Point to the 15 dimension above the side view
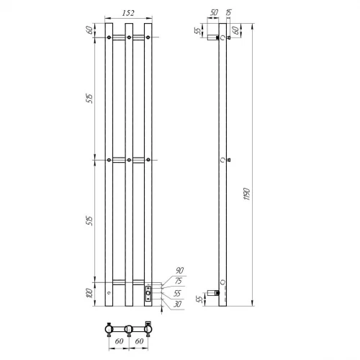(228, 13)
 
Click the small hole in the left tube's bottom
(109, 294)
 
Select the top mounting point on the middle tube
(128, 36)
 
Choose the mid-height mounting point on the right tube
(148, 159)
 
